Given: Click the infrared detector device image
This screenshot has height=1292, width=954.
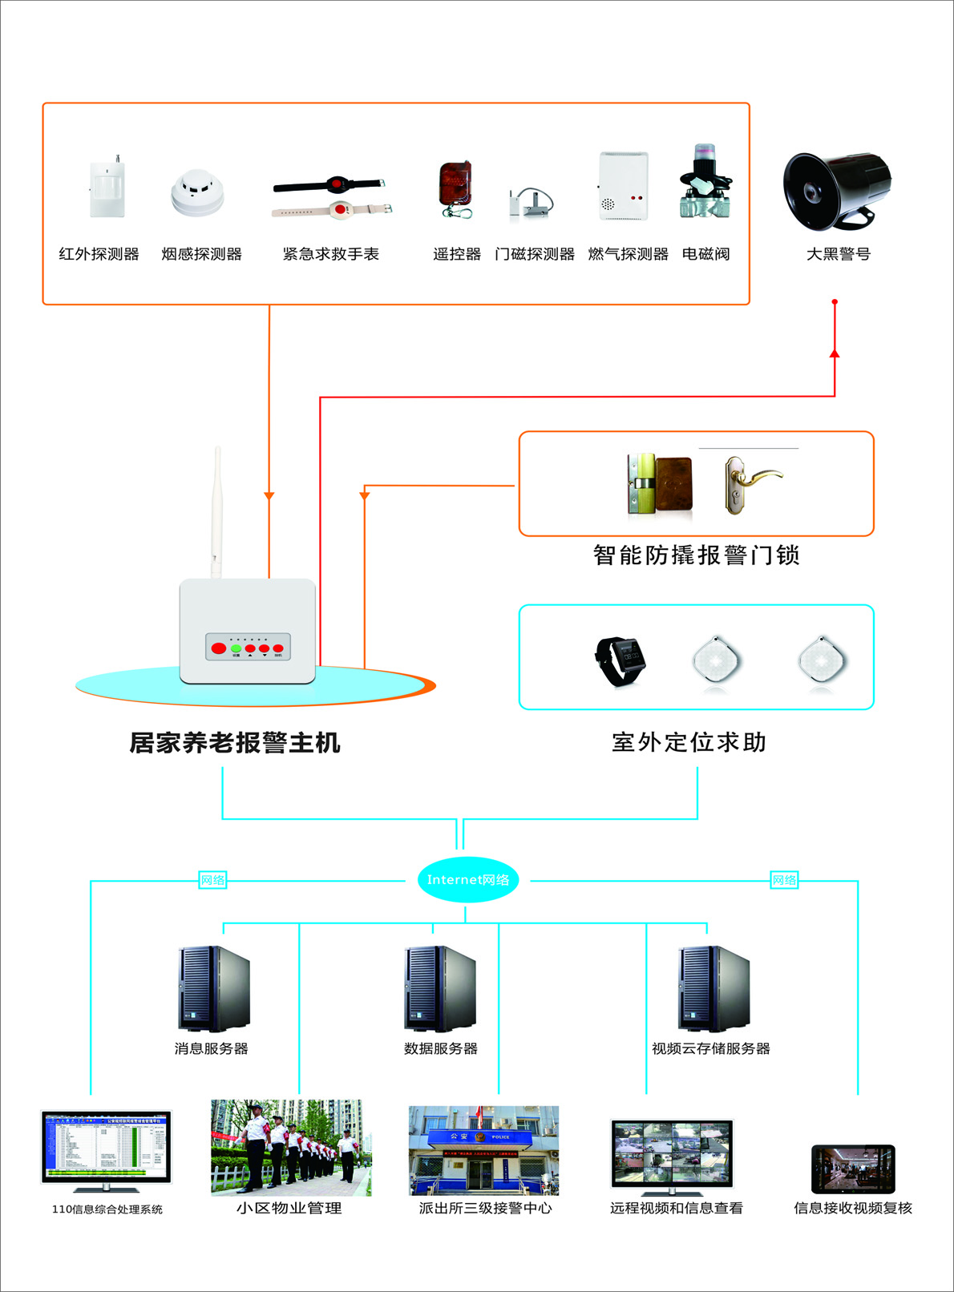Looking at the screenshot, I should [x=107, y=188].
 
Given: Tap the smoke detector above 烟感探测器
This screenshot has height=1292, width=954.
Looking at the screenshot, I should [x=197, y=193].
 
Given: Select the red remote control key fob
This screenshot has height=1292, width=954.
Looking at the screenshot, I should [x=455, y=185].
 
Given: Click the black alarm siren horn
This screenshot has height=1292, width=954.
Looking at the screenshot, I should [x=836, y=190].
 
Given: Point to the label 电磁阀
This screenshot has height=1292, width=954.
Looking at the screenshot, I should [x=705, y=254].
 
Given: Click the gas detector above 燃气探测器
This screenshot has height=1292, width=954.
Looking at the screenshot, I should [x=623, y=186].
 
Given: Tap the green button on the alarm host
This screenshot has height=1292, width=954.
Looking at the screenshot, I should [x=236, y=648].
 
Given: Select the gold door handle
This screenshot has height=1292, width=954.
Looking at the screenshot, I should [x=749, y=481].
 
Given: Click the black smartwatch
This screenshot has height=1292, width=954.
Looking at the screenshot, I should [x=620, y=660].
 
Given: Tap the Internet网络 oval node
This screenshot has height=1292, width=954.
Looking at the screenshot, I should [x=468, y=880].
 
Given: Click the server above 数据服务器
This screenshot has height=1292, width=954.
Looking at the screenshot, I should [x=440, y=988].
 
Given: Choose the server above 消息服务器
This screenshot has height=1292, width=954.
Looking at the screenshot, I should [x=213, y=988].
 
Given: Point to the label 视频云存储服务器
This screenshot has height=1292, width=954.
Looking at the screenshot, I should [x=710, y=1048].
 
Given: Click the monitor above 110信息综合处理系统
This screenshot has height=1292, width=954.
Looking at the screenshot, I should [x=107, y=1147].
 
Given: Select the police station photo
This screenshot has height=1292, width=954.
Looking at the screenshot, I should [x=483, y=1150].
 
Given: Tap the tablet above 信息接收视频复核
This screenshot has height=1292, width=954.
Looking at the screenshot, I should [x=853, y=1169].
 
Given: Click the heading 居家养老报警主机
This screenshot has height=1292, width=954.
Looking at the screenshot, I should [x=235, y=743].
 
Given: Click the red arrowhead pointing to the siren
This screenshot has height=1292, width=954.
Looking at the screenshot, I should [x=835, y=353].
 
